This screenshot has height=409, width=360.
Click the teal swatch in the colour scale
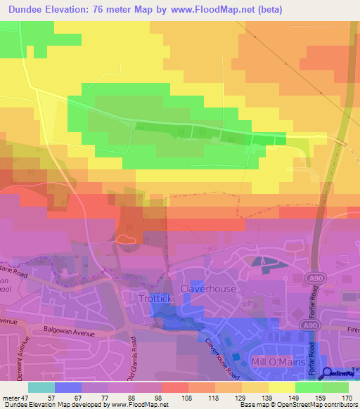click(41, 387)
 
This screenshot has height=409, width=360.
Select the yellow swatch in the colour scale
click(282, 387)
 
